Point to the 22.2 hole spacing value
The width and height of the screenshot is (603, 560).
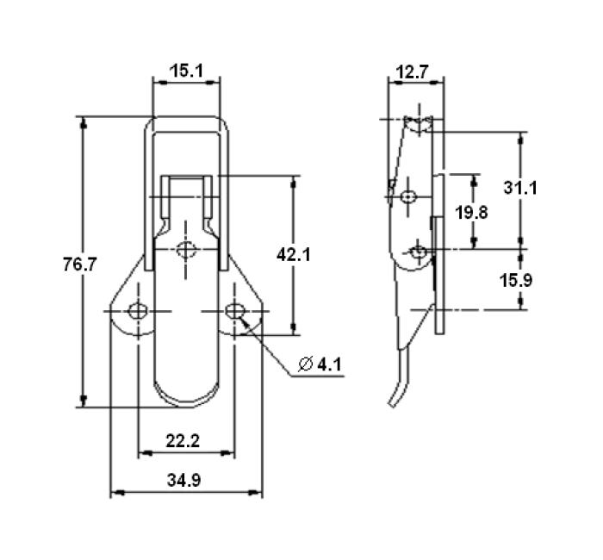(x=183, y=441)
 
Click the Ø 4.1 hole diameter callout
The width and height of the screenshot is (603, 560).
(x=320, y=364)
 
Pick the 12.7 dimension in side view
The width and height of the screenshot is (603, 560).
(x=411, y=72)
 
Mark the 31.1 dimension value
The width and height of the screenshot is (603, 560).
(x=521, y=187)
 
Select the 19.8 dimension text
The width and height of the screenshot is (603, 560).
(x=472, y=212)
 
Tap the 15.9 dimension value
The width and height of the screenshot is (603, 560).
(x=521, y=280)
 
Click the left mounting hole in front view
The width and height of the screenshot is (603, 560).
(x=137, y=310)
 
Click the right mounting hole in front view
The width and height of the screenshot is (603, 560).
(x=233, y=310)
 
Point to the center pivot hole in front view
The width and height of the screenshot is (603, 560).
(x=186, y=251)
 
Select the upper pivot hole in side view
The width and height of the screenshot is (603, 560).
(x=408, y=196)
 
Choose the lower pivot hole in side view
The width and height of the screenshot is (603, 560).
(x=419, y=252)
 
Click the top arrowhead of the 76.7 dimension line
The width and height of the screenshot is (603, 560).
(x=84, y=123)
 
